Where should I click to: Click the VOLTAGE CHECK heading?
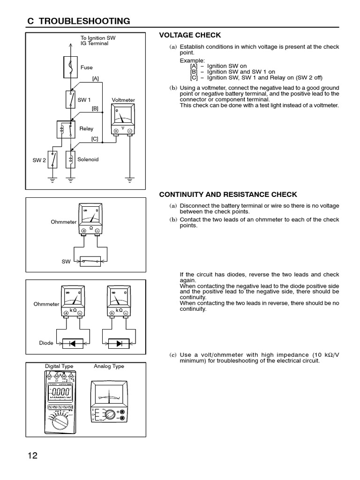tap(190, 35)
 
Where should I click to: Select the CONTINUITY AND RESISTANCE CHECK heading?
tap(228, 195)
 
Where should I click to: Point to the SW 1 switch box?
tap(70, 100)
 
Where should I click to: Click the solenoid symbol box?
tap(70, 159)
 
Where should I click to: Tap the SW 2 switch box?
tap(52, 160)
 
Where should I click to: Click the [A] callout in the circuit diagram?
tap(95, 79)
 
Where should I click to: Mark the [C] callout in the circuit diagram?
tap(95, 139)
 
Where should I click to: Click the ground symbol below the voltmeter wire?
tap(130, 179)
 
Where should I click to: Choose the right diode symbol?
tap(119, 343)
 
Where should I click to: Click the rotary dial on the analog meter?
tap(111, 414)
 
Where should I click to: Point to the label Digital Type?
tap(59, 366)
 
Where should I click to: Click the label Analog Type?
tap(109, 366)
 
